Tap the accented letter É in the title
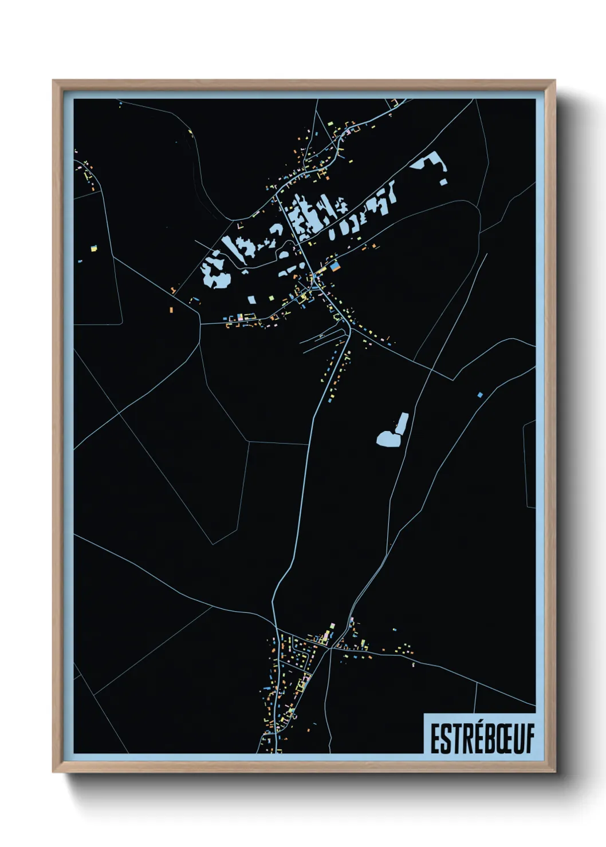coord(466,738)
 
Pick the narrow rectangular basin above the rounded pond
coord(402,422)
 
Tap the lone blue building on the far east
coord(480,394)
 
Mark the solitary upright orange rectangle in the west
coord(171,309)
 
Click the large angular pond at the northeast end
coord(428,162)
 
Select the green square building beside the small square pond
coord(270,298)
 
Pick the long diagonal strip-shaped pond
coord(234,248)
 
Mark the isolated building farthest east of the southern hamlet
coord(414,665)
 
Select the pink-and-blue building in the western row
coord(240,316)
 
